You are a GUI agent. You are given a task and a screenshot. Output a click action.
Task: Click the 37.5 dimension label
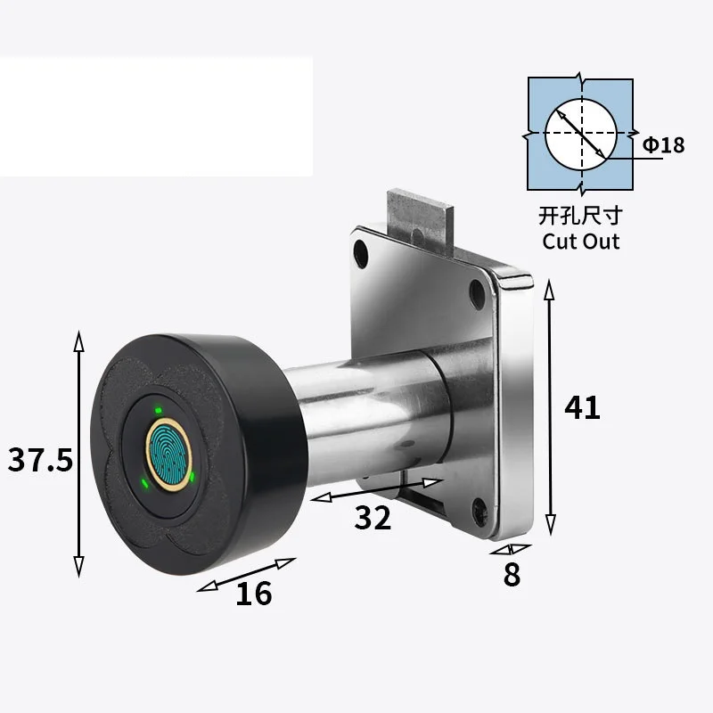tap(40, 459)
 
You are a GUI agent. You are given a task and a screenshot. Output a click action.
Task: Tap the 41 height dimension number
tap(582, 407)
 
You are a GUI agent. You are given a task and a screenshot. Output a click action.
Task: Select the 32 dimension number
tap(373, 518)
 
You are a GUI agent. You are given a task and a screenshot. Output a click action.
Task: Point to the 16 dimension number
tap(254, 594)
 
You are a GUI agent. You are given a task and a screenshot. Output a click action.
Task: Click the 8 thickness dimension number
tap(512, 574)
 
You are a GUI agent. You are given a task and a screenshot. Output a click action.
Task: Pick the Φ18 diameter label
tap(663, 145)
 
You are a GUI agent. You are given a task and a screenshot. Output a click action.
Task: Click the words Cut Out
tap(581, 241)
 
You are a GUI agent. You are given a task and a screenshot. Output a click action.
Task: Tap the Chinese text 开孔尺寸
tap(581, 216)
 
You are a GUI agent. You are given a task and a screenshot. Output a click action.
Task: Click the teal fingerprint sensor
tap(169, 455)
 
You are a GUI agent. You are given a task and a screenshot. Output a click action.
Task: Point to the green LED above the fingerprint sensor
tap(158, 410)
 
